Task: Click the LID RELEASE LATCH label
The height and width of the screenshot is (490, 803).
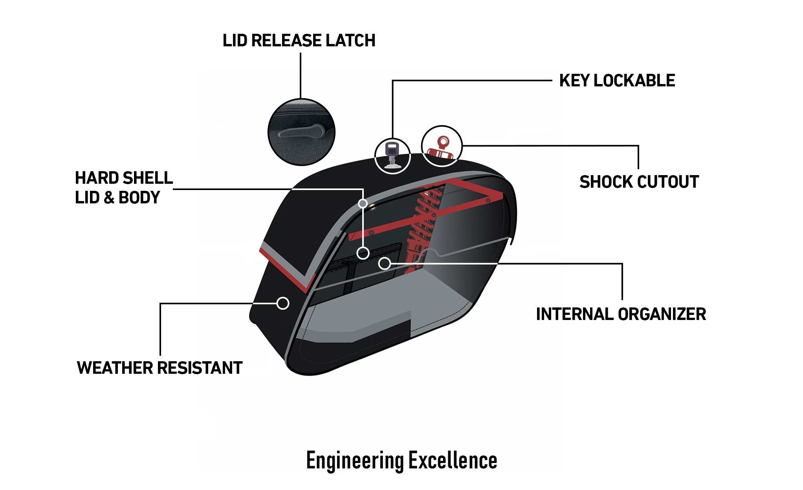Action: click(x=299, y=40)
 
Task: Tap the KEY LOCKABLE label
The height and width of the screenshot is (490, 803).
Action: click(x=617, y=80)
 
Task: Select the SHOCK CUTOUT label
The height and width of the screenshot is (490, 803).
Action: click(x=639, y=182)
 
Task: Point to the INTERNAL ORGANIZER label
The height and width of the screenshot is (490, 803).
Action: click(x=621, y=314)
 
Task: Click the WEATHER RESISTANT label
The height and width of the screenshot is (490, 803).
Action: click(x=159, y=368)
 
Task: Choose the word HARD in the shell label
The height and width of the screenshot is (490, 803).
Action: click(x=93, y=178)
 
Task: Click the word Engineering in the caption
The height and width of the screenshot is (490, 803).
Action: click(x=354, y=461)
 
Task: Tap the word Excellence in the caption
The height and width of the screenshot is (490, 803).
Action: click(x=453, y=461)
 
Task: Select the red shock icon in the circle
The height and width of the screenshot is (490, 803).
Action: click(x=442, y=147)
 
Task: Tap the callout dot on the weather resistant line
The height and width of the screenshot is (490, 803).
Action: click(x=283, y=303)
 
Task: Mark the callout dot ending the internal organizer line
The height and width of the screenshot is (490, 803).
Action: click(x=385, y=263)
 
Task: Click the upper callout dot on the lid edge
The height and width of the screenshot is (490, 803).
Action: click(x=363, y=203)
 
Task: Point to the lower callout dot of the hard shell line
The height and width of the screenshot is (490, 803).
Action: click(x=363, y=253)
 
